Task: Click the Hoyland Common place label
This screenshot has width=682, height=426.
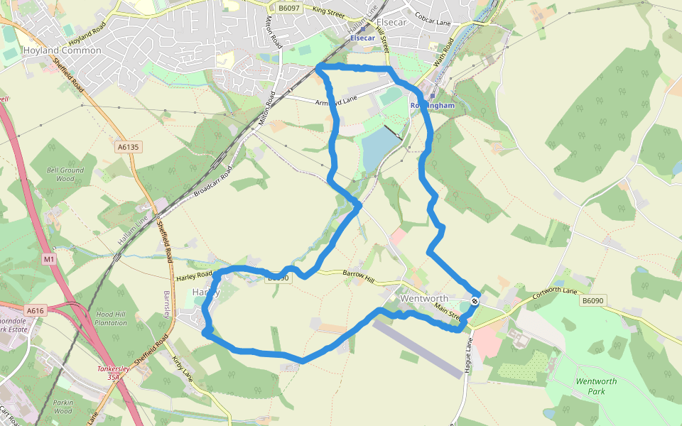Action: (62, 50)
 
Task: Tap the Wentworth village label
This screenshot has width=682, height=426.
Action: (425, 298)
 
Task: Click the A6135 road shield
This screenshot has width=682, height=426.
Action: (128, 147)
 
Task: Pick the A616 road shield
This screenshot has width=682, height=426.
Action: (36, 310)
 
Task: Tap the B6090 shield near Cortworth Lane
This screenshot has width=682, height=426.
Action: (592, 301)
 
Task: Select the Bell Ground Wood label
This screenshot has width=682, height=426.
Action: (65, 174)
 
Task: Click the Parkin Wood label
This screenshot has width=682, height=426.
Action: (63, 406)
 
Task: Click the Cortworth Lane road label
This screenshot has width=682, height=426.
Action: (561, 290)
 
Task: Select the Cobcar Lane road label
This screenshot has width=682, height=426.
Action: (433, 23)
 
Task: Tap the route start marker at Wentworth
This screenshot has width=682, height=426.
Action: (475, 301)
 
